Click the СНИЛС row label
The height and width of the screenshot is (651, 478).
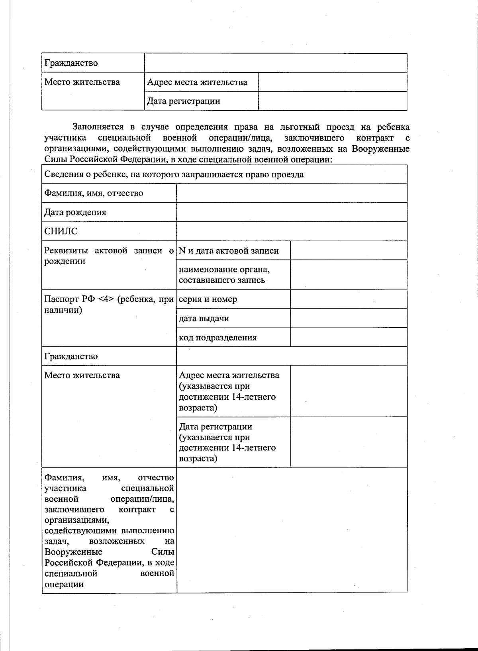click(x=61, y=231)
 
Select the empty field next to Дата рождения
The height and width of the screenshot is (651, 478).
click(x=291, y=212)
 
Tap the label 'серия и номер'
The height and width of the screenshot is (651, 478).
click(x=208, y=299)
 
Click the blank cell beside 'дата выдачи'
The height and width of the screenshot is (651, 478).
click(x=349, y=319)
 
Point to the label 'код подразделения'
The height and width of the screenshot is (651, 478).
click(x=218, y=338)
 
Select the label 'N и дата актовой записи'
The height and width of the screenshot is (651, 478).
click(x=229, y=251)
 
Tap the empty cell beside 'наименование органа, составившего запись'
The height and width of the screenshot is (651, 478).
click(x=349, y=275)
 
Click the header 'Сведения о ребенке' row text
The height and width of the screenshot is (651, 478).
click(x=174, y=174)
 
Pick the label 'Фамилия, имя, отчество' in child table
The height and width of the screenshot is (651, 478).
click(x=94, y=194)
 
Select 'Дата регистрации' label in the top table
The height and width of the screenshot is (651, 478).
click(x=184, y=101)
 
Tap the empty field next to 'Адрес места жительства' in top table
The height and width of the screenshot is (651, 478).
click(x=333, y=82)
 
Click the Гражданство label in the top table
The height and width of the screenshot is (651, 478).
click(x=71, y=63)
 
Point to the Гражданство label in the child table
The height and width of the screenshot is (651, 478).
click(x=71, y=356)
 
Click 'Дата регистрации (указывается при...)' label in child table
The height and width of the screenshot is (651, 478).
click(x=227, y=442)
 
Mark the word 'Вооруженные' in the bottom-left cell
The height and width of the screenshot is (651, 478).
click(x=73, y=552)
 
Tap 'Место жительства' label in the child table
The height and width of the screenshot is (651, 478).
click(x=82, y=375)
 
